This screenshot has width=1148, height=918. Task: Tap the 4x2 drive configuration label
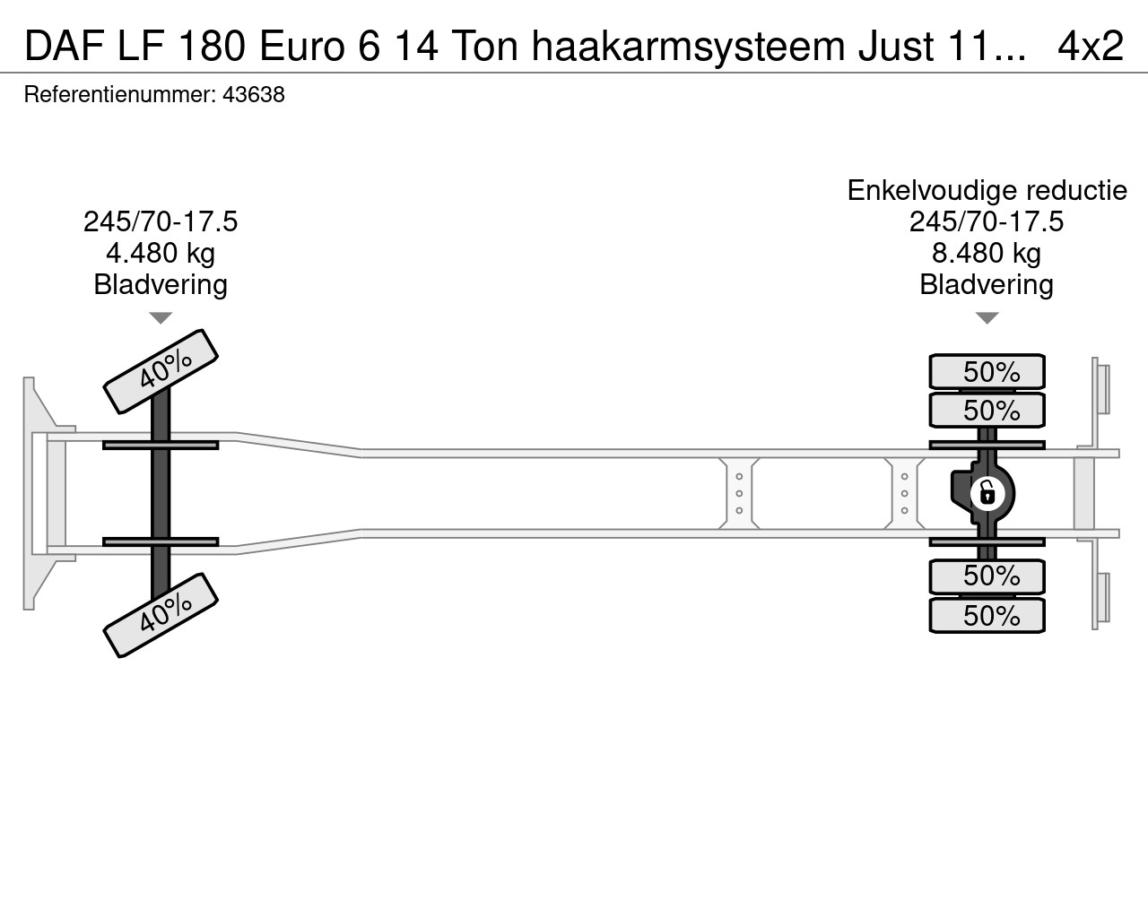click(x=1090, y=45)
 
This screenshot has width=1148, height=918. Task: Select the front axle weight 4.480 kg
click(x=161, y=253)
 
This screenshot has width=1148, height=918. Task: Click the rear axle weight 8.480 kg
click(x=987, y=253)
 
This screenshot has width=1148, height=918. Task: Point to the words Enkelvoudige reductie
click(x=987, y=190)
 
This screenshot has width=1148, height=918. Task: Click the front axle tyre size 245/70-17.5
click(x=161, y=221)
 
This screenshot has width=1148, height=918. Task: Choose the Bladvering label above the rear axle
click(x=987, y=285)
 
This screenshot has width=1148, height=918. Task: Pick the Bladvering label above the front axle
click(x=161, y=285)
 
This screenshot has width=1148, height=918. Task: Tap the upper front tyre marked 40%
click(x=161, y=370)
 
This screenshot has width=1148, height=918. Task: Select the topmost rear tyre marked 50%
click(x=987, y=371)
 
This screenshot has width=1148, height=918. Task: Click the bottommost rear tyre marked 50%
click(x=987, y=616)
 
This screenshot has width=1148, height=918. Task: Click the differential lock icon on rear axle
click(x=986, y=492)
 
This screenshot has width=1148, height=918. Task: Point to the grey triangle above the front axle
click(x=161, y=318)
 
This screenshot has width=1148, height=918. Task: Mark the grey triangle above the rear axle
click(x=987, y=318)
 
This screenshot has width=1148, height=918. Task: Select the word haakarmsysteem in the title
click(x=688, y=45)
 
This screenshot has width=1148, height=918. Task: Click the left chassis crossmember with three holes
click(x=739, y=493)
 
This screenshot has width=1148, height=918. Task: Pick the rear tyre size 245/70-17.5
click(x=987, y=221)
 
